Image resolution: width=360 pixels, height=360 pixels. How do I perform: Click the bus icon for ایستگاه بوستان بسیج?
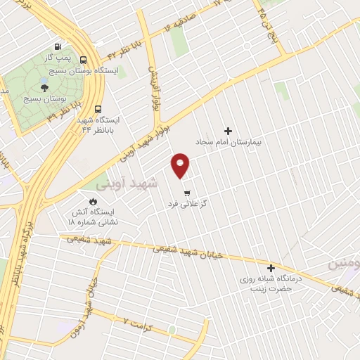(x=84, y=60)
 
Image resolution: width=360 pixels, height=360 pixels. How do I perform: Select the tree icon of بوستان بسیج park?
(x=45, y=88)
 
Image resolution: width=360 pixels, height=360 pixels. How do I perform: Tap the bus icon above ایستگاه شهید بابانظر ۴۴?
(x=97, y=109)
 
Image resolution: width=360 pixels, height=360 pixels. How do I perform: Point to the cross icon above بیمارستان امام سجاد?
(x=227, y=131)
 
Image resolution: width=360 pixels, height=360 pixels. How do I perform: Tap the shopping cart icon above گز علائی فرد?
(x=186, y=193)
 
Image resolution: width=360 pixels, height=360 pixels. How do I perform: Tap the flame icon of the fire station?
(x=93, y=200)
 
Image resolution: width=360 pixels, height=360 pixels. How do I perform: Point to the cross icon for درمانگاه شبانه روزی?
(x=271, y=268)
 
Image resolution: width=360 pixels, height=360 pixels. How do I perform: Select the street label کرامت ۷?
(x=136, y=323)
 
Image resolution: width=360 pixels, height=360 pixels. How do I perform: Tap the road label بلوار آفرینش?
(x=153, y=90)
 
